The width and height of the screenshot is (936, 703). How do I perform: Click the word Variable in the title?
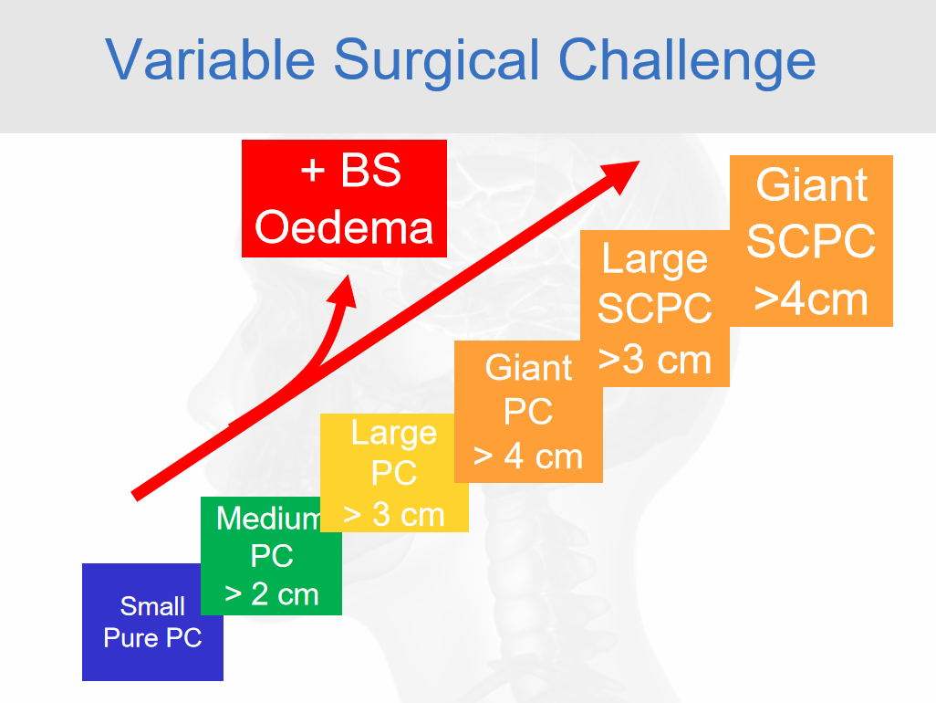tap(210, 59)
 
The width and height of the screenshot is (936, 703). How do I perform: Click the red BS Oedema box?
tap(345, 198)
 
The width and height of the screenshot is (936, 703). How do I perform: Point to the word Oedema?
tap(344, 227)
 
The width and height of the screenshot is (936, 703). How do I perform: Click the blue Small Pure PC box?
tap(152, 622)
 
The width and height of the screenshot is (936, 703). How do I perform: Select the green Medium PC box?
tap(271, 555)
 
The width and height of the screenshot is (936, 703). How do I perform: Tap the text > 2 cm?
tap(272, 594)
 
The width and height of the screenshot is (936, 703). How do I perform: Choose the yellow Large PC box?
tap(394, 472)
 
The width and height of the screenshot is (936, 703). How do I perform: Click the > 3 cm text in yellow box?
tap(394, 514)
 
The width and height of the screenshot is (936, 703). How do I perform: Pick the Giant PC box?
tap(528, 412)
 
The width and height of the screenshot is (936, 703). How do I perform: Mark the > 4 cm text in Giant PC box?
tap(528, 456)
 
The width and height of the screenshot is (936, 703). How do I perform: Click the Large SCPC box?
tap(655, 309)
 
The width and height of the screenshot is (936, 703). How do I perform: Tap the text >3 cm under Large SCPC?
tap(655, 360)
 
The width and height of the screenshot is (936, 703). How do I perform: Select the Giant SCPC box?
tap(811, 241)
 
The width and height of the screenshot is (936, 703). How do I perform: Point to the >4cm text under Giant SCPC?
tap(811, 299)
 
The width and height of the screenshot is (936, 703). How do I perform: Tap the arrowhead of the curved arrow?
tap(343, 291)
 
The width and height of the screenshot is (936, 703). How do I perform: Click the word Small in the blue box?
tap(152, 606)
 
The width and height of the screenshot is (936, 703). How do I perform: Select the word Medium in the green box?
tap(269, 518)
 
